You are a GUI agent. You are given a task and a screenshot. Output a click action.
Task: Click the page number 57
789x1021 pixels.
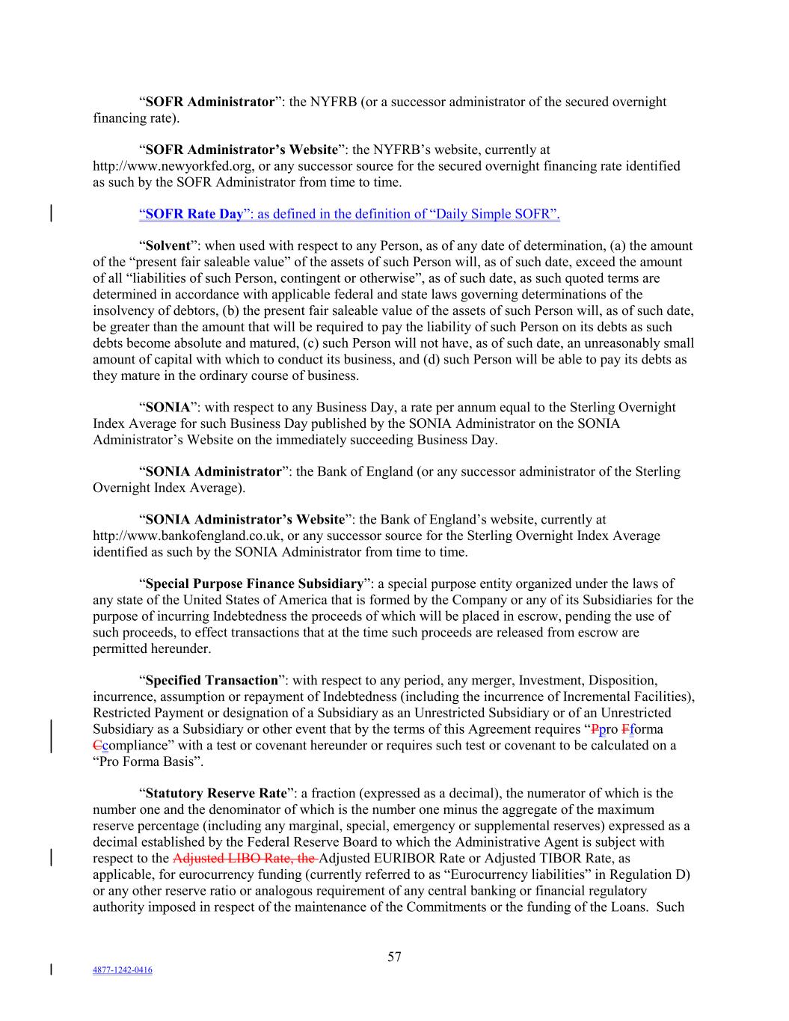[x=394, y=957]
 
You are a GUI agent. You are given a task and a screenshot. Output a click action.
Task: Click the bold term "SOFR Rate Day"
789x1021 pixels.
[x=194, y=215]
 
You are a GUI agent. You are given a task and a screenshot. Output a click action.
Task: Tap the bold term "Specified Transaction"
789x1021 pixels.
[x=212, y=681]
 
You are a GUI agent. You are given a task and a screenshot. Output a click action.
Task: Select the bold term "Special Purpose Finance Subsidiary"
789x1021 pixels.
[x=254, y=583]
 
